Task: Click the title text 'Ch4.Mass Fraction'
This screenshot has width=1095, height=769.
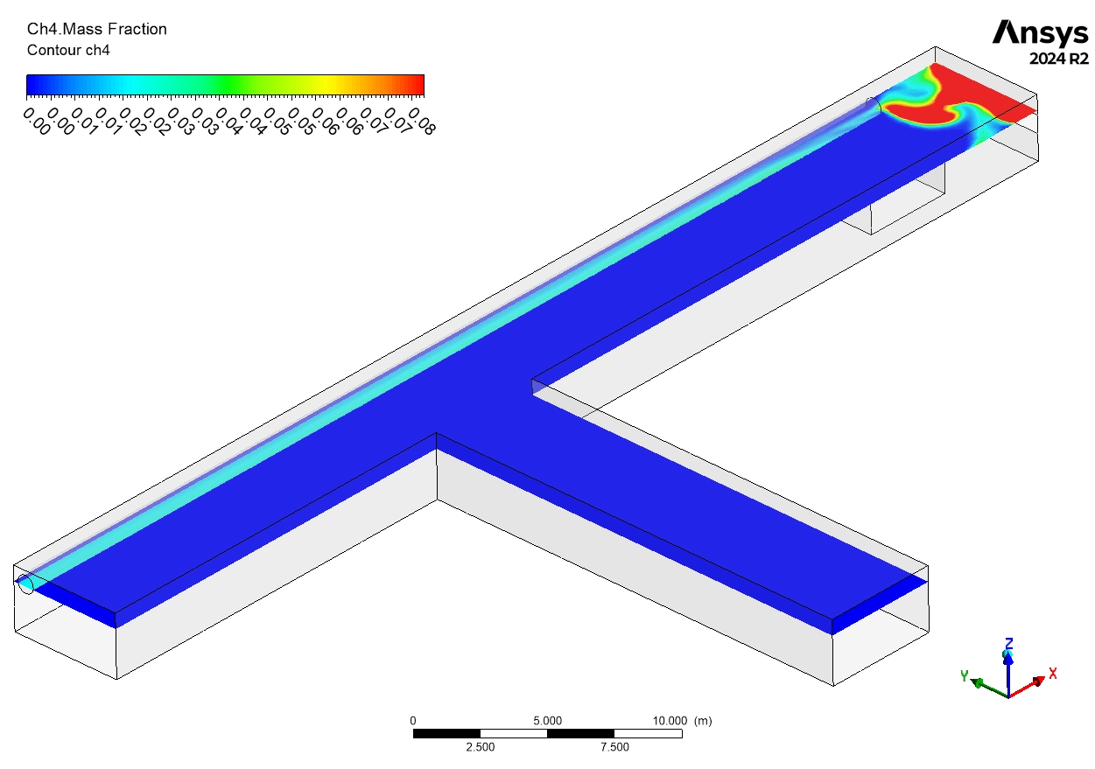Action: point(97,30)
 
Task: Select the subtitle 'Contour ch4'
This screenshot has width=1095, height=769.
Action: point(68,51)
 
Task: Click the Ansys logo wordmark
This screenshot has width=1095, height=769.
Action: point(1040,33)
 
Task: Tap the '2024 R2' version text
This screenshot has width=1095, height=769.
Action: point(1059,59)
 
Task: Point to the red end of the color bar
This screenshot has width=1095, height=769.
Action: point(416,85)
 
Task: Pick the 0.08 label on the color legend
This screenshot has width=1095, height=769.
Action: point(421,121)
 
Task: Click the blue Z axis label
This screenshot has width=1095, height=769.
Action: point(1008,643)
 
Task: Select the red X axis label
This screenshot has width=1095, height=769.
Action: point(1052,674)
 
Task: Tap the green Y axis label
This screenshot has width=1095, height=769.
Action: point(964,675)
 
